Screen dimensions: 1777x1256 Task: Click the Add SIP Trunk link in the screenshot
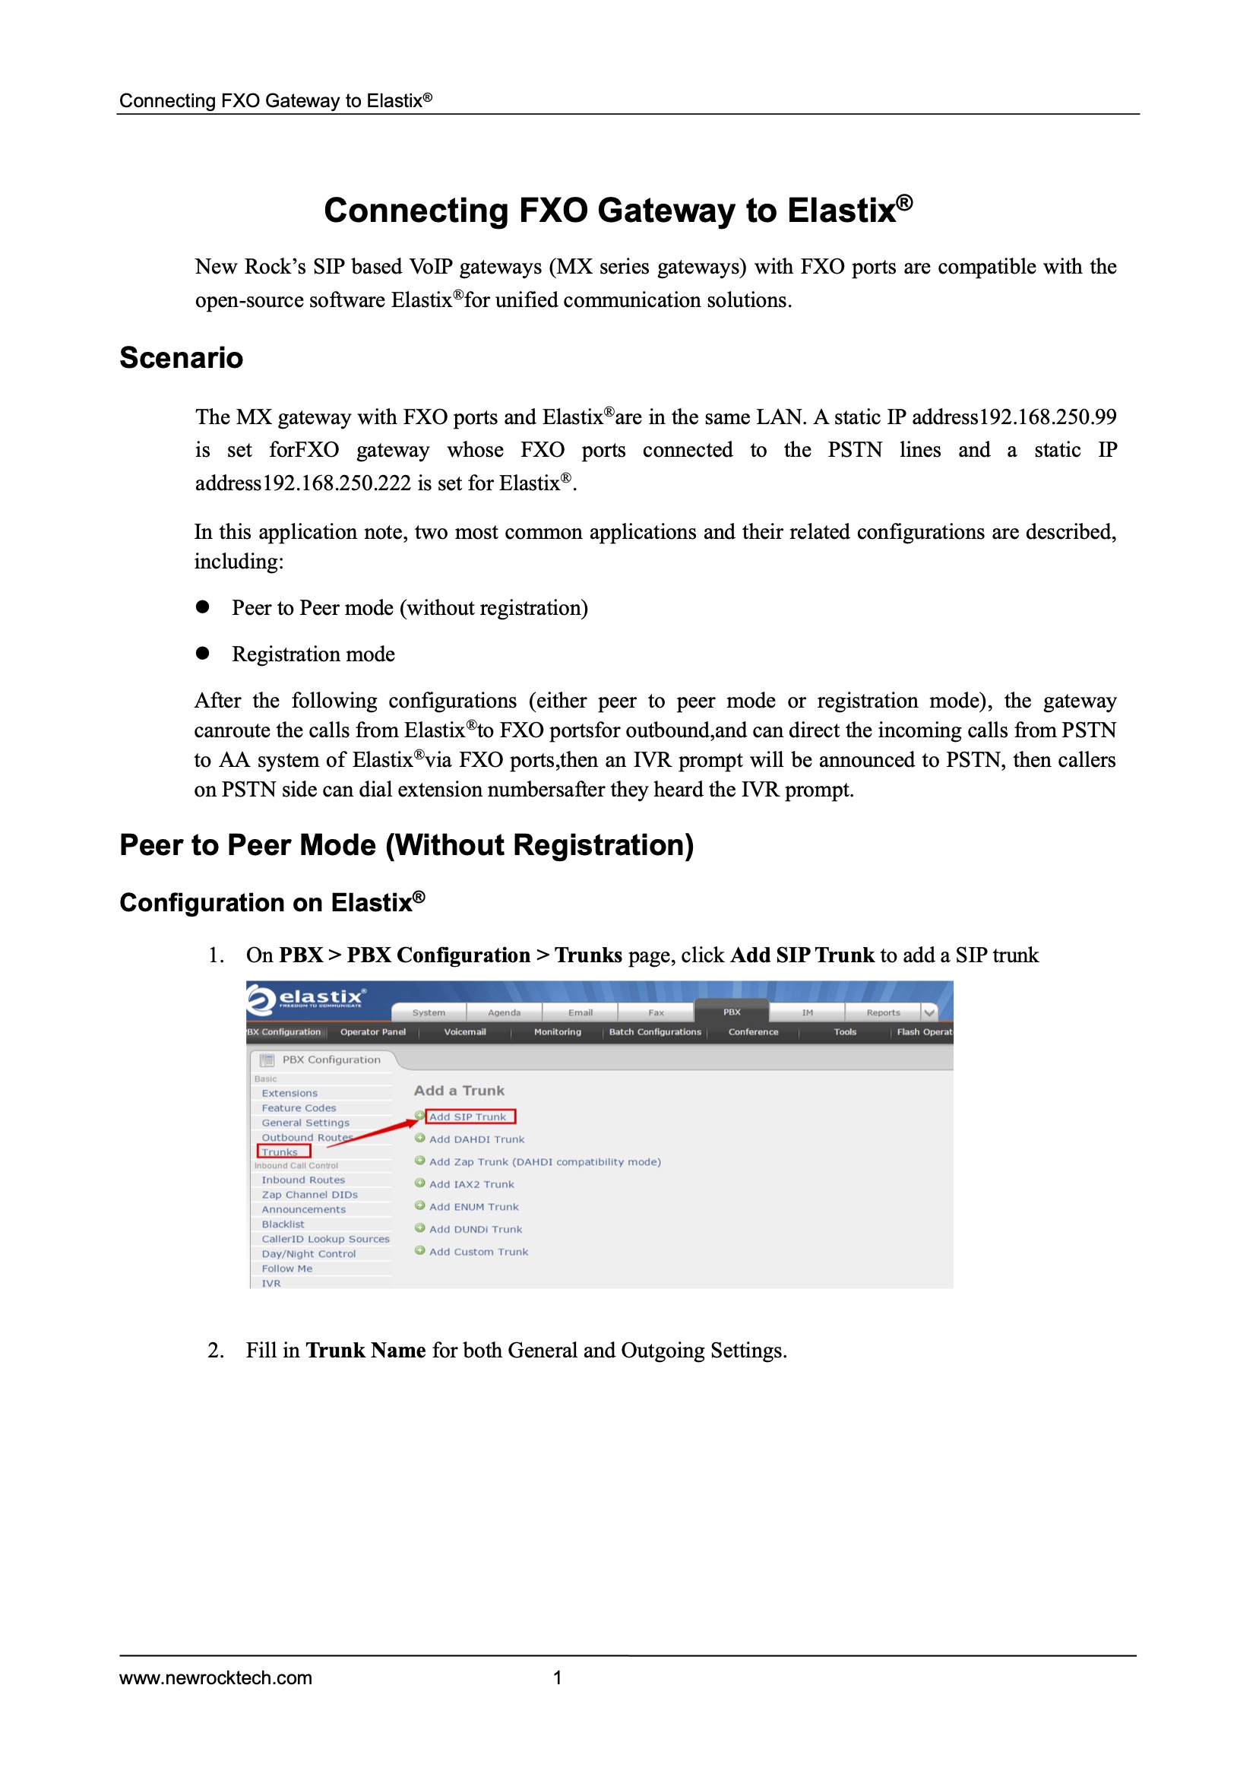pos(467,1117)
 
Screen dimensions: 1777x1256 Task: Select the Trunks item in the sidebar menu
pos(280,1152)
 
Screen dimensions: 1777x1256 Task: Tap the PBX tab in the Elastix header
pos(731,1012)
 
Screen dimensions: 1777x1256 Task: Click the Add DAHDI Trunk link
pos(476,1139)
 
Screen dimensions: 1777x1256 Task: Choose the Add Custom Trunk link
pos(478,1252)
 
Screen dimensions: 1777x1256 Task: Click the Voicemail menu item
pos(465,1031)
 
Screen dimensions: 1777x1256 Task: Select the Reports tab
pos(883,1012)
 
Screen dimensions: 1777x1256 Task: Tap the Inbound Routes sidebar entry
pos(303,1180)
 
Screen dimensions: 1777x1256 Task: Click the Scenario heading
pos(181,358)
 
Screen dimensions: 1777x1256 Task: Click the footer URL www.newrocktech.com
pos(216,1678)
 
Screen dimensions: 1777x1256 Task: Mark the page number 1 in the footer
pos(557,1678)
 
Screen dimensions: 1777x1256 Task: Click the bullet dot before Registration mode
pos(203,653)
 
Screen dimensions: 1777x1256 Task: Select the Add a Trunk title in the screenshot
pos(459,1091)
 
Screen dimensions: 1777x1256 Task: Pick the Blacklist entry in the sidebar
pos(283,1224)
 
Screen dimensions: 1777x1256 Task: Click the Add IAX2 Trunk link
pos(471,1184)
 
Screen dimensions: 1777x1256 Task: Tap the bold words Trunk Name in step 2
pos(365,1351)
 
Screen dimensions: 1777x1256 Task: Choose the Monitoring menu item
pos(557,1031)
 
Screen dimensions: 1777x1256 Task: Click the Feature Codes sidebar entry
pos(299,1108)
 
